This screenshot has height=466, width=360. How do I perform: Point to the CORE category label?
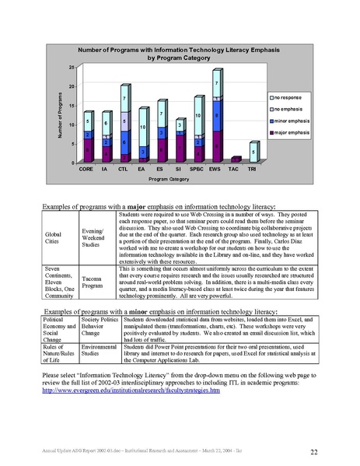pyautogui.click(x=88, y=168)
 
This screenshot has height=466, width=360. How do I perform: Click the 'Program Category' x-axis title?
pyautogui.click(x=169, y=179)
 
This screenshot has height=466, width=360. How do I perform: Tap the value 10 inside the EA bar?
pyautogui.click(x=142, y=127)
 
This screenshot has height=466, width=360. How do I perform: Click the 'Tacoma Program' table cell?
pyautogui.click(x=94, y=288)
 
